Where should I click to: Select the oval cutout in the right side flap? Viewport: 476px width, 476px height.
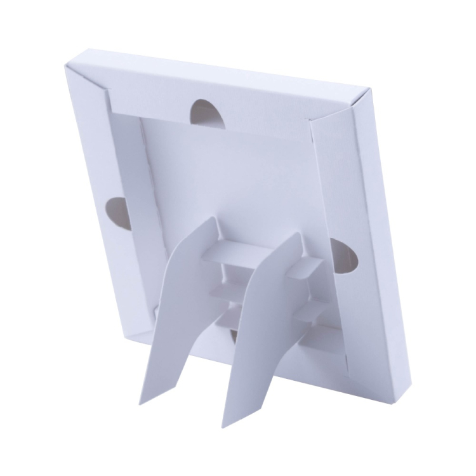click(345, 256)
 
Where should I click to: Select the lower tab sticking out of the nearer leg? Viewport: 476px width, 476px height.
click(311, 311)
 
